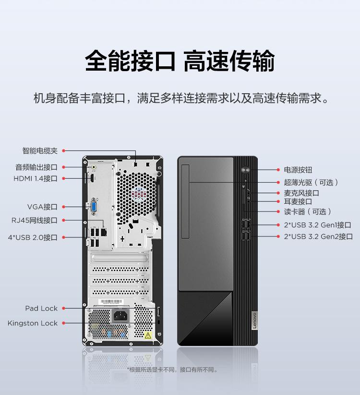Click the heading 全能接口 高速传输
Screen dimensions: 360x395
point(180,61)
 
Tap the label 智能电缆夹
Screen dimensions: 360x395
point(40,151)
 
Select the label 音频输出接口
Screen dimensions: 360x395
point(36,167)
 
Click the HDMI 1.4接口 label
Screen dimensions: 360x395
point(36,179)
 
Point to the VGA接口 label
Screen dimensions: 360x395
point(42,207)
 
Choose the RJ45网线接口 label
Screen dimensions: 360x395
point(35,221)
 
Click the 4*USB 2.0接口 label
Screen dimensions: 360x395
point(33,237)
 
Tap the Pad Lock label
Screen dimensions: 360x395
point(41,309)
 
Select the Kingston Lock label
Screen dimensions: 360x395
point(33,323)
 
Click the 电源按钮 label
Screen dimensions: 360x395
point(298,170)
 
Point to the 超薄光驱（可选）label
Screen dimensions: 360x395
point(311,182)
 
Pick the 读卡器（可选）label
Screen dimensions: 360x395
point(307,211)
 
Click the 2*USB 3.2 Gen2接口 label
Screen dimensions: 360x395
point(318,236)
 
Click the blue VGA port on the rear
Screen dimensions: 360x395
point(94,207)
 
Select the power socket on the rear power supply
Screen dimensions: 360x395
point(120,316)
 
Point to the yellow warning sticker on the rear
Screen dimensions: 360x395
point(148,334)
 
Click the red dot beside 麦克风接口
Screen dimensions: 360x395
point(278,193)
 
